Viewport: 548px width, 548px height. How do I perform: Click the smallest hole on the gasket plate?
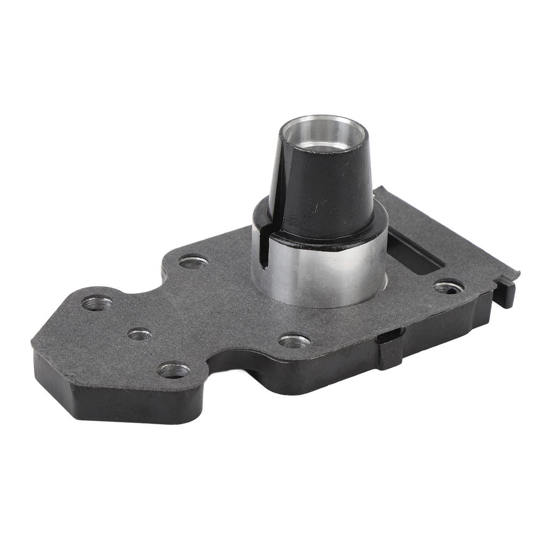(139, 334)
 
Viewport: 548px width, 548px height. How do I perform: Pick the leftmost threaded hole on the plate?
(97, 303)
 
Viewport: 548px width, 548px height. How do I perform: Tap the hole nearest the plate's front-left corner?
(173, 370)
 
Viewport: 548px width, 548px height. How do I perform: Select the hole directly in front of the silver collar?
(294, 341)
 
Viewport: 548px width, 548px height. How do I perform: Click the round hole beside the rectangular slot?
(448, 287)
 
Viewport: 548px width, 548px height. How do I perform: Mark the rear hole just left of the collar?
(193, 262)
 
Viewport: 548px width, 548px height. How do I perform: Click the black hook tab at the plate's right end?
(506, 292)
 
